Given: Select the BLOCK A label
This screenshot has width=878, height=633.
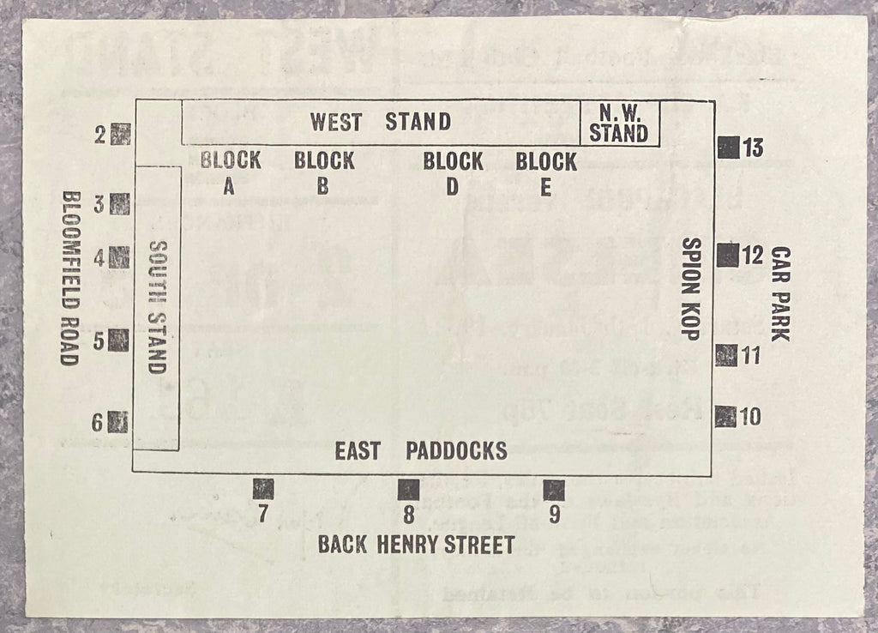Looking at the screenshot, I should click(x=230, y=172).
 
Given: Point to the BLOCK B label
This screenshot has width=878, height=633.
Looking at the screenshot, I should click(x=323, y=172).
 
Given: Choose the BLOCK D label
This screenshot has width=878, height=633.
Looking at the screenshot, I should click(x=452, y=173).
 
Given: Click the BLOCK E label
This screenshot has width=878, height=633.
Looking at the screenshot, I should click(x=546, y=173).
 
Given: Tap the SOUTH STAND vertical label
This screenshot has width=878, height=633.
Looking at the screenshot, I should click(x=156, y=307).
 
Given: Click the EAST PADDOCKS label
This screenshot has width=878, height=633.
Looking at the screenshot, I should click(x=420, y=450).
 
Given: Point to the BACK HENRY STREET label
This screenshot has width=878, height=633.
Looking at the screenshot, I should click(x=416, y=544).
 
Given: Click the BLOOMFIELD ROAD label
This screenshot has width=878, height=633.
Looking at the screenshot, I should click(x=69, y=277).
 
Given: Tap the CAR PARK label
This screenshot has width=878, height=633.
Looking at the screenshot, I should click(x=779, y=293).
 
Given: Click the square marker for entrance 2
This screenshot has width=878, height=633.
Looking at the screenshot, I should click(x=121, y=134).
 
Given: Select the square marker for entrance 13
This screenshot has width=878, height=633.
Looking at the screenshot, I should click(x=728, y=148).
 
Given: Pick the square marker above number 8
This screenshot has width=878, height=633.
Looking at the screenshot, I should click(x=408, y=489).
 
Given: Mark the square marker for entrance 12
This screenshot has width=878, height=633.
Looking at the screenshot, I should click(x=727, y=255).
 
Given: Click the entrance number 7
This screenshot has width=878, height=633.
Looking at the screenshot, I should click(x=263, y=515).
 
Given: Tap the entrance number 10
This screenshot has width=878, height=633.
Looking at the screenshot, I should click(x=750, y=417).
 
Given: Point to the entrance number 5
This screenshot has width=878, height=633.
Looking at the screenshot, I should click(x=99, y=341).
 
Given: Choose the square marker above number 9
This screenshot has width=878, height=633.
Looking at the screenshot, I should click(x=554, y=490).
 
